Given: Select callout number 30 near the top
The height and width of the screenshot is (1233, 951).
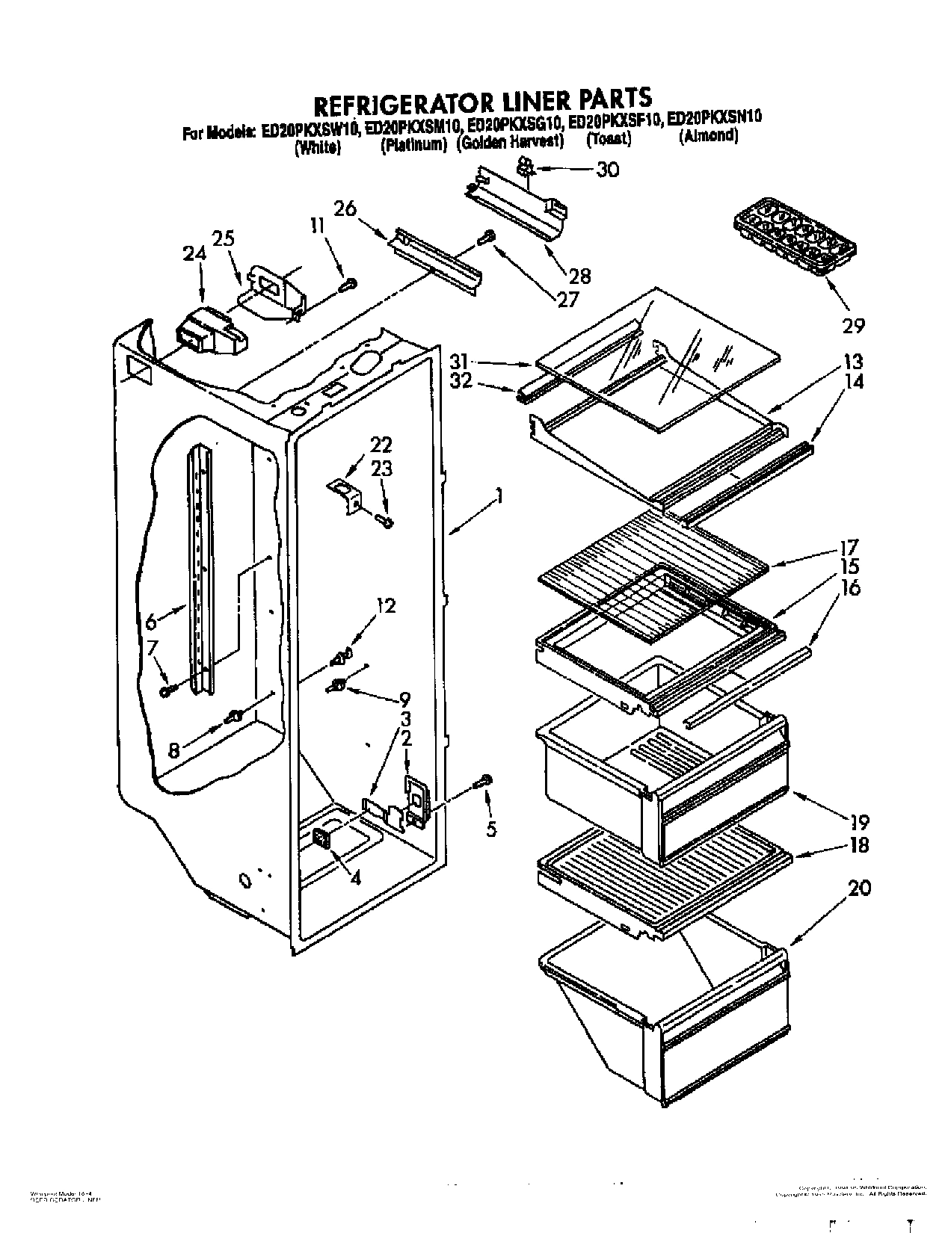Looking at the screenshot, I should point(607,170).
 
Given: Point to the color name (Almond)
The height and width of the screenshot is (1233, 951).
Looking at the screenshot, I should point(708,137).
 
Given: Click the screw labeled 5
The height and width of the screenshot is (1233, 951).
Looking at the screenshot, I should point(484,781).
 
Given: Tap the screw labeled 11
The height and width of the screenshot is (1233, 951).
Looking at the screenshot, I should point(348,283).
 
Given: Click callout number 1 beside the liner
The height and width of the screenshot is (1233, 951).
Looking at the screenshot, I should point(498,495).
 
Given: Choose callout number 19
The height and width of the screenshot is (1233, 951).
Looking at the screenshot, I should point(859,822).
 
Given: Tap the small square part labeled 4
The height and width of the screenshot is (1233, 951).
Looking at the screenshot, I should point(323,838).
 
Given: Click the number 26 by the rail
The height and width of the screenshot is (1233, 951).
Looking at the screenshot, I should point(345,208).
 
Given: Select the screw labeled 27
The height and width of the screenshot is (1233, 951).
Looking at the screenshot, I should point(485,237).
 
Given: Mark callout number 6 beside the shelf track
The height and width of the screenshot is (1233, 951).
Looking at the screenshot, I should point(152,620).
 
